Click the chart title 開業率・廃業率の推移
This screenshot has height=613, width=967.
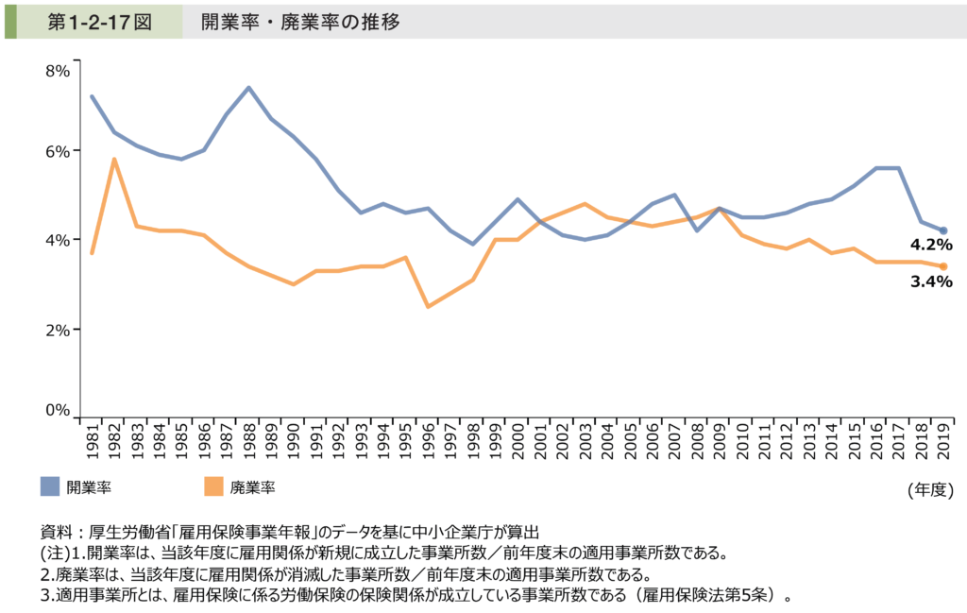300,21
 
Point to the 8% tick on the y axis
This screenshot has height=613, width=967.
57,69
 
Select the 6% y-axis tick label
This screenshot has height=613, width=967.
57,151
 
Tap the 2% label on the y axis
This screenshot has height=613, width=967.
57,329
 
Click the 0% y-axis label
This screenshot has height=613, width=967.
57,410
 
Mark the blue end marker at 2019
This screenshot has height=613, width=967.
943,230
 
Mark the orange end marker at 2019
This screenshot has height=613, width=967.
943,266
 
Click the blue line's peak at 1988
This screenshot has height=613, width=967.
248,88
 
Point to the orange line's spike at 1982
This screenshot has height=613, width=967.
114,159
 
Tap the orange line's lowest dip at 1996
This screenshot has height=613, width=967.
429,306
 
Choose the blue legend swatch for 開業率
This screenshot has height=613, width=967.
50,486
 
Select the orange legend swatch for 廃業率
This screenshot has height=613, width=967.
213,486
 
